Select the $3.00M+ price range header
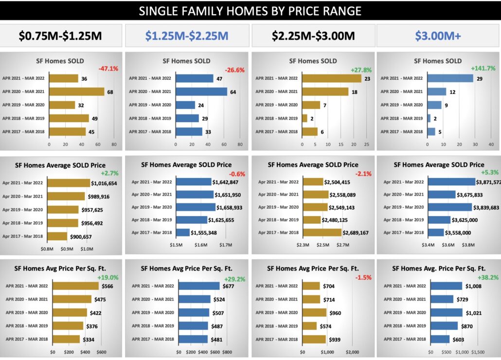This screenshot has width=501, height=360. point(438,36)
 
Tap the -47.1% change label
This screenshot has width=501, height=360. point(108,69)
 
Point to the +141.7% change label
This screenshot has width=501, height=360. point(483,69)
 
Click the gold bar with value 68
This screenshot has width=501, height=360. point(77,91)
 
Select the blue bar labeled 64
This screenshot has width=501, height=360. point(201,91)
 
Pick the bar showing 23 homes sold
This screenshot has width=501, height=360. point(332,78)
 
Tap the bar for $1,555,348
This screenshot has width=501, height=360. point(183,233)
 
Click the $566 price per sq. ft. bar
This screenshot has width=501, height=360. point(75,286)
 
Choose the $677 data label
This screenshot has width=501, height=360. point(228,286)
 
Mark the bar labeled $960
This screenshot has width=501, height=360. point(314,312)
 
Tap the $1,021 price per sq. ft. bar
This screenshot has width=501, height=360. point(446,312)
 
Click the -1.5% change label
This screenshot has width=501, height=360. point(364,277)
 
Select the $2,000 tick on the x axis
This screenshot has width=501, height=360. point(352,352)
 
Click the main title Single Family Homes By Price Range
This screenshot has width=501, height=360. point(250,11)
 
